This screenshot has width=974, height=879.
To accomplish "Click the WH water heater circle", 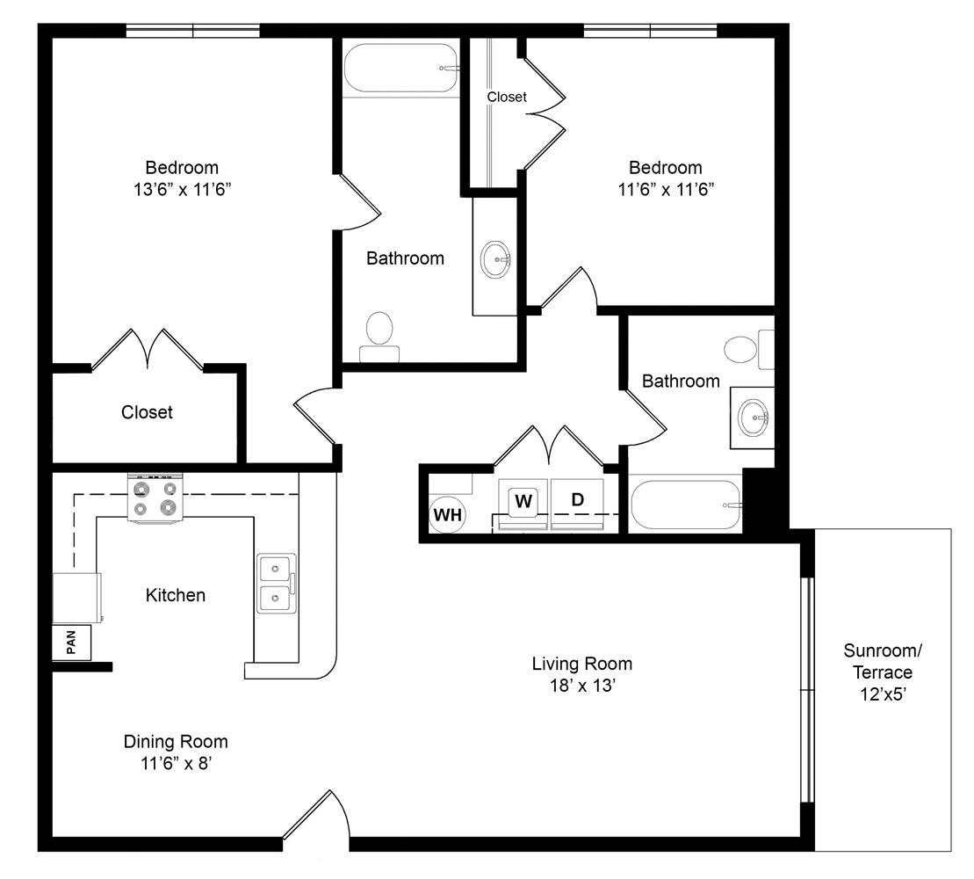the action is point(447,514).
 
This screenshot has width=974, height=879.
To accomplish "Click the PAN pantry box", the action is point(71,643).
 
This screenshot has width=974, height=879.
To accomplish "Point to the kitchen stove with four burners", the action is point(155,498).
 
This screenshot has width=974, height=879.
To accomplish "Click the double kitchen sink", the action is point(277,583).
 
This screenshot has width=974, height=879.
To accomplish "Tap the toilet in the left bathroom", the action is point(379,337).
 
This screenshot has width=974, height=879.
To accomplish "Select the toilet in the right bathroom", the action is point(749,349).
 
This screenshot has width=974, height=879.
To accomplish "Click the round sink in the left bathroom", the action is point(495,259).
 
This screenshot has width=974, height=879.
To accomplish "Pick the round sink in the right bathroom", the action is point(754,418).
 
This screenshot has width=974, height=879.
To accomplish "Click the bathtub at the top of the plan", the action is point(401,68).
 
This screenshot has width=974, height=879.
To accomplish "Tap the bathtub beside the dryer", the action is point(686,505).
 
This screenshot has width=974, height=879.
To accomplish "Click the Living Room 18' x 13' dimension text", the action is point(582,686).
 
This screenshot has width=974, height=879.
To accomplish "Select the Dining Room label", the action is point(176,742).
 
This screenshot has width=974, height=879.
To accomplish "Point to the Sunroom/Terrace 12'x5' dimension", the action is point(883,694).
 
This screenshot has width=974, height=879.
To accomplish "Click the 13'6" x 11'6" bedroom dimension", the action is point(182,189).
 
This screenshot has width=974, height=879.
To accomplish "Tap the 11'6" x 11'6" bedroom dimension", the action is point(666,189).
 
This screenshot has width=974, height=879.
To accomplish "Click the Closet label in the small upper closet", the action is point(506,97).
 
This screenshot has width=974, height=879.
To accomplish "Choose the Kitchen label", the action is point(175,595).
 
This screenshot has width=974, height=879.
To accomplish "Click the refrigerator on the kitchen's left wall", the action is point(76,598).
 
